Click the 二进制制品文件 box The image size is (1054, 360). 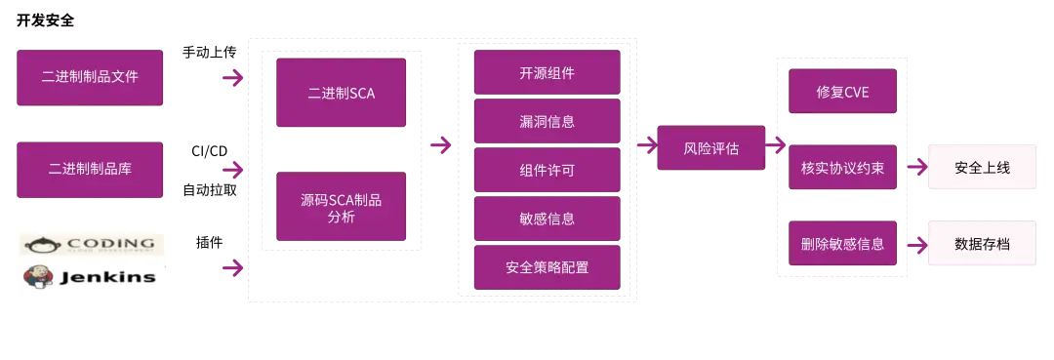point(90,77)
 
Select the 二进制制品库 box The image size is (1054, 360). point(90,168)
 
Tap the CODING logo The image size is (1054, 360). point(90,244)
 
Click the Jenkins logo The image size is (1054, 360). point(90,277)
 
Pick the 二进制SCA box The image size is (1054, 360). point(341,94)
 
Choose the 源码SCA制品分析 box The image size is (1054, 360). point(341,207)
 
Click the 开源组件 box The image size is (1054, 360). point(547,73)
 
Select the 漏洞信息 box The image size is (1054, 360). point(547,122)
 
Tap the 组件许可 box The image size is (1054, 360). point(547,170)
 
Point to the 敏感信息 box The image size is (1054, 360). point(547,219)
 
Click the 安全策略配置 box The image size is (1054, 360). point(547,267)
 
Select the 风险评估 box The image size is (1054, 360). point(710,148)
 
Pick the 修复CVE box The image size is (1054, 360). point(842,93)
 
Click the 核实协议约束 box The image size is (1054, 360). point(842,168)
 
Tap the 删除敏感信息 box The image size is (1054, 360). point(842,243)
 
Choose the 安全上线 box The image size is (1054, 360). point(982,168)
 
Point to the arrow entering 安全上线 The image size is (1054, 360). point(914,168)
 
